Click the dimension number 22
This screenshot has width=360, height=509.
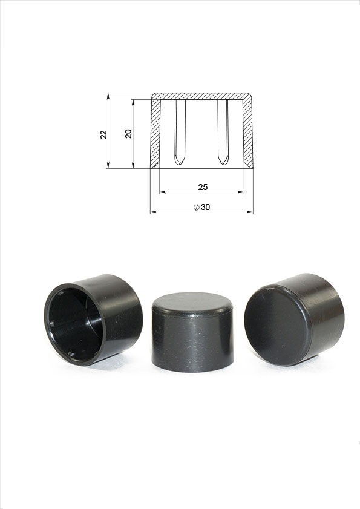click(x=104, y=134)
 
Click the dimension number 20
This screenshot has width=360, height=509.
click(x=129, y=134)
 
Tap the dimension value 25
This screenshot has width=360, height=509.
click(x=203, y=187)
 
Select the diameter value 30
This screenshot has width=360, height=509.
click(x=206, y=207)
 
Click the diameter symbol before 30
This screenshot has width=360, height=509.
click(x=197, y=208)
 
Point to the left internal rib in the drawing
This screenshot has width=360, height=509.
click(x=180, y=131)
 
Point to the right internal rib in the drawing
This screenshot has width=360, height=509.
click(x=223, y=131)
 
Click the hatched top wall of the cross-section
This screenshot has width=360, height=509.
click(x=201, y=96)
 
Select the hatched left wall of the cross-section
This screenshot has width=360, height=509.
click(x=155, y=133)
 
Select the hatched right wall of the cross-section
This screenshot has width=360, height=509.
click(x=247, y=133)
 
